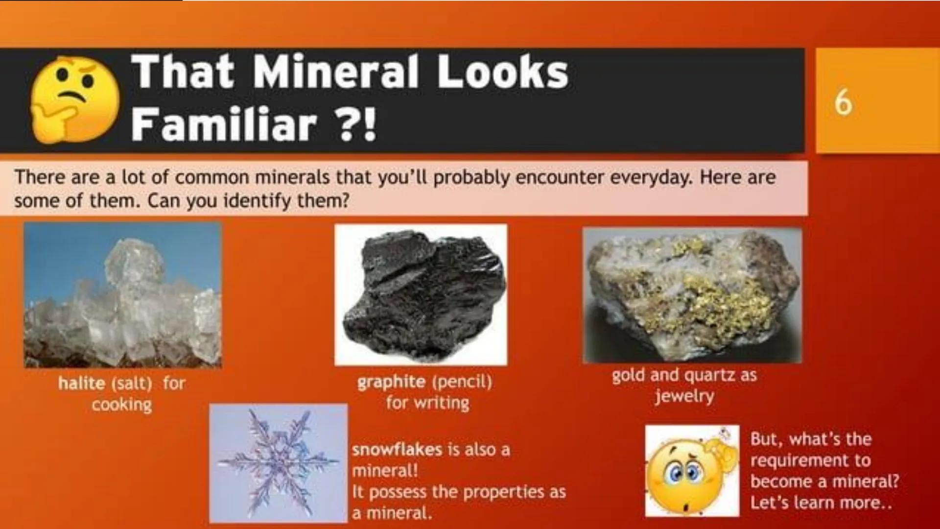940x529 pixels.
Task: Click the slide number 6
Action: click(843, 103)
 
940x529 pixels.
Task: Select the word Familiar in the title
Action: click(223, 124)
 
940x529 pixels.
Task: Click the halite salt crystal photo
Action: click(122, 295)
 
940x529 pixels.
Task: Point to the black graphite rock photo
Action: click(421, 294)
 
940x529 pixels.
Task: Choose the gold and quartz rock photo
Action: click(692, 295)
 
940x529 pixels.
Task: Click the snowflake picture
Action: click(278, 463)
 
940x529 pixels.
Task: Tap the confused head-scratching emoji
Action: click(692, 471)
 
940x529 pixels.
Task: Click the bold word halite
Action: click(81, 383)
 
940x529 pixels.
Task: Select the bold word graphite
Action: click(391, 382)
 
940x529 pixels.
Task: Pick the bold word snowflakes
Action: click(397, 450)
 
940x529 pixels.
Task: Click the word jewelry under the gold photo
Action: click(684, 396)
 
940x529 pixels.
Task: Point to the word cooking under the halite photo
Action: click(122, 405)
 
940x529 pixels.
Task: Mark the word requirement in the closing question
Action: click(810, 460)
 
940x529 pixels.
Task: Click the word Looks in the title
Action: click(502, 72)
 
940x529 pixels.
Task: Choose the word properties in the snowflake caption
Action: click(497, 492)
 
